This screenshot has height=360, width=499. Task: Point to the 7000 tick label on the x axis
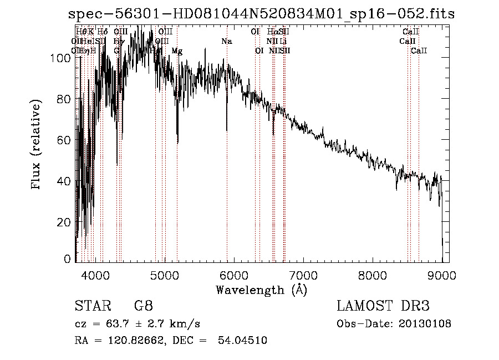[x=303, y=275]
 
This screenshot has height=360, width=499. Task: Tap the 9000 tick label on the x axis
[x=442, y=275]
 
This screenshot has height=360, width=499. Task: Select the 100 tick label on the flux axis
[x=62, y=58]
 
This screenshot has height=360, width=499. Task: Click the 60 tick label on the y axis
[x=64, y=140]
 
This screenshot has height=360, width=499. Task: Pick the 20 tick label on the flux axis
[x=64, y=222]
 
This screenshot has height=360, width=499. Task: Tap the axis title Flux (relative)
[x=37, y=145]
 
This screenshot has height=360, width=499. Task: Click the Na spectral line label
[x=226, y=42]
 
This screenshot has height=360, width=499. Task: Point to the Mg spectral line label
[x=177, y=51]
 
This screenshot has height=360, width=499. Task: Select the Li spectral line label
[x=283, y=42]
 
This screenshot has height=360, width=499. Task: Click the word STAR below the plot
[x=91, y=306]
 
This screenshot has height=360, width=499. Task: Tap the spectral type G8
[x=143, y=306]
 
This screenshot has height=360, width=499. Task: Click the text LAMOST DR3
[x=383, y=306]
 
